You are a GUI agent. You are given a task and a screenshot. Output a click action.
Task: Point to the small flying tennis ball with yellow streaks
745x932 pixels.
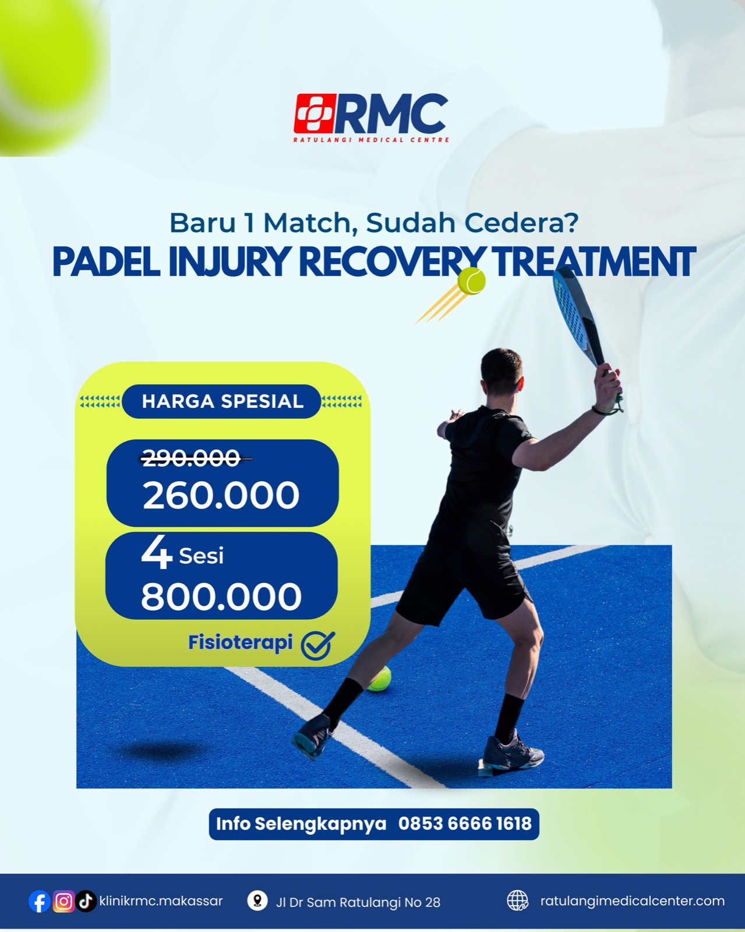(x=471, y=281)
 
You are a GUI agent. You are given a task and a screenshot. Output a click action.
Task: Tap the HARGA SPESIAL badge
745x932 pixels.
(x=222, y=401)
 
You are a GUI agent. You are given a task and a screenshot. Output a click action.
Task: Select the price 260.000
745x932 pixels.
(x=221, y=495)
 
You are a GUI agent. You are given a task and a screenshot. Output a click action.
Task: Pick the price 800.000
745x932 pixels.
(x=221, y=596)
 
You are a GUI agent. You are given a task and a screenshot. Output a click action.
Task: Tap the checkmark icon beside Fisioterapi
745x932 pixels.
(x=318, y=645)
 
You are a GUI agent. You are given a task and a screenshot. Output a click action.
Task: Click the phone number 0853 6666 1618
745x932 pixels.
(x=465, y=824)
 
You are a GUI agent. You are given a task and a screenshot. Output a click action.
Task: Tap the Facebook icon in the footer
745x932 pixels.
(x=40, y=902)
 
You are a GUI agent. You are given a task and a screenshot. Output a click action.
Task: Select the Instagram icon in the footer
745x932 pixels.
(x=63, y=902)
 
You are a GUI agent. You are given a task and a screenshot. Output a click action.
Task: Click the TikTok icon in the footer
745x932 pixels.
(x=86, y=902)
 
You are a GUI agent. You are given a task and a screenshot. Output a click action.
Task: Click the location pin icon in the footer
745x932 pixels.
(x=257, y=901)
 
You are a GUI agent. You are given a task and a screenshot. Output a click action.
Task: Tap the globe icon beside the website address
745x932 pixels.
(x=518, y=901)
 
